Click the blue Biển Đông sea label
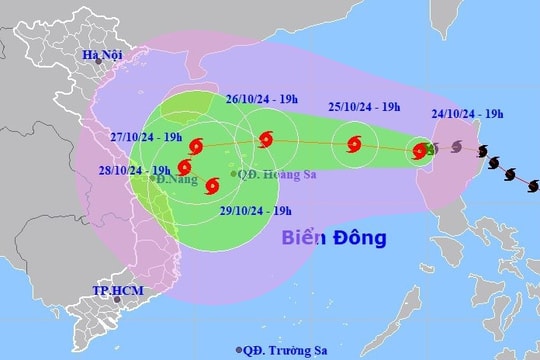tap(332, 239)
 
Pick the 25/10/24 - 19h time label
tap(364, 106)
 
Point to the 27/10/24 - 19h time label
tap(145, 136)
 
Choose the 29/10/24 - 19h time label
tap(255, 210)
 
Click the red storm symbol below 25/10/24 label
tap(354, 144)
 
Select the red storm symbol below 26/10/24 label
tap(264, 140)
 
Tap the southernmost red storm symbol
tap(211, 185)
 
